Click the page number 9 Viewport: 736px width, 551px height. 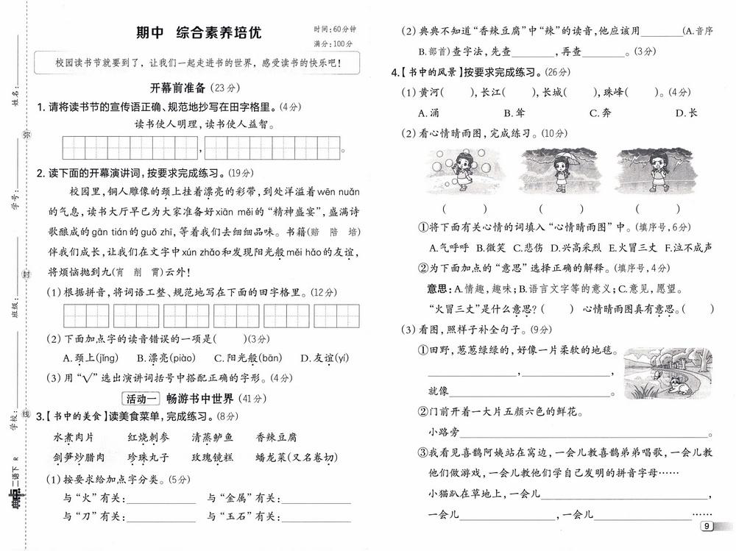click(x=706, y=526)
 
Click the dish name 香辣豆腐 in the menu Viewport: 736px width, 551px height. click(x=276, y=437)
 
